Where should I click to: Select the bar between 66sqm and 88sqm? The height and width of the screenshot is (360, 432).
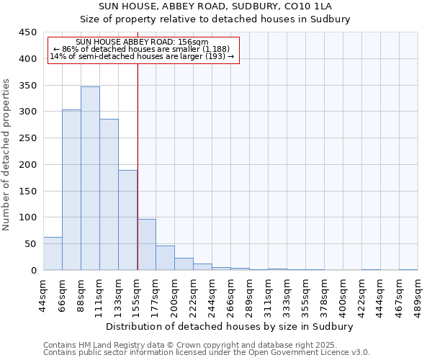pos(71,190)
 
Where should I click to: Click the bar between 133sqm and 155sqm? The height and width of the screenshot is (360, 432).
pos(127,220)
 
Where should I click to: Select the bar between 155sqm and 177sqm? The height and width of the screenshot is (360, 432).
pos(146,245)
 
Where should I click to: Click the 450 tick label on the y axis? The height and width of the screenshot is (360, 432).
pos(27,32)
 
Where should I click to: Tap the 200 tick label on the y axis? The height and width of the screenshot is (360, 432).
pos(27,165)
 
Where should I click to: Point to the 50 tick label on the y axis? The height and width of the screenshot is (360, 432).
pos(30,244)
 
